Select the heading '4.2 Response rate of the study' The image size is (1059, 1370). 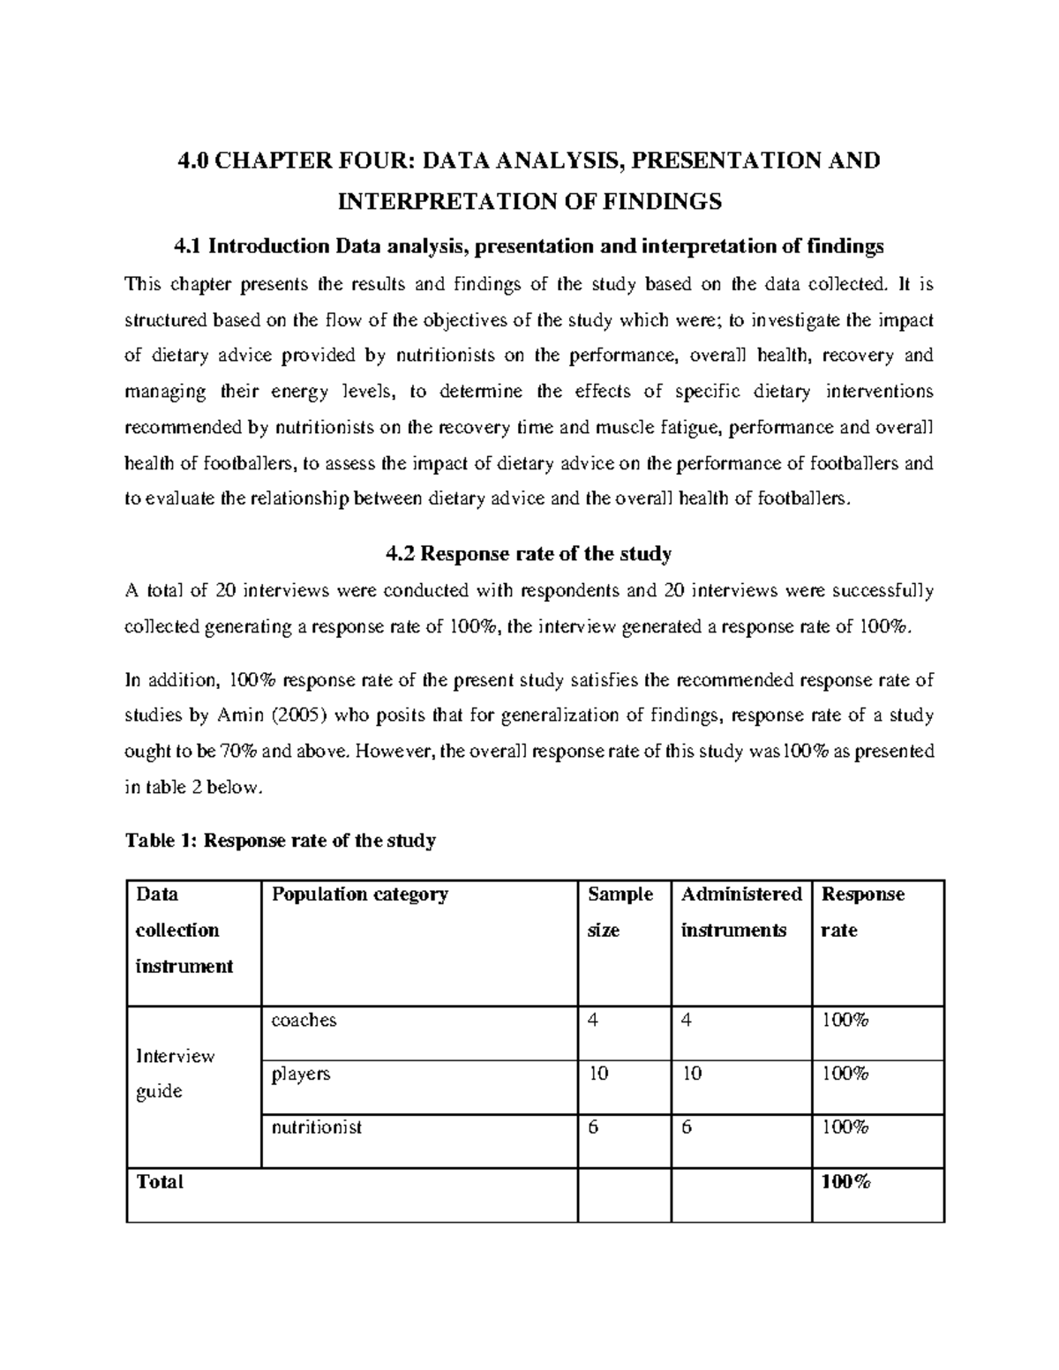529,554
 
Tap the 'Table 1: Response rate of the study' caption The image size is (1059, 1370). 281,841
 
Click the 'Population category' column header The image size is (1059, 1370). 360,895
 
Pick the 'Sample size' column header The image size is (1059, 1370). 620,912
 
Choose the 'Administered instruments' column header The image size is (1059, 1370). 740,912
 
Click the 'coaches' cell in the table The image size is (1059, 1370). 304,1021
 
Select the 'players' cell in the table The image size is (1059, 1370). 300,1074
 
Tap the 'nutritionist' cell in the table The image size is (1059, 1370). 316,1127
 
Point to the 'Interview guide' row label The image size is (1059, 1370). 174,1074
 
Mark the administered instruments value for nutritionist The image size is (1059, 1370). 687,1127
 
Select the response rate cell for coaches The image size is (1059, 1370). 845,1021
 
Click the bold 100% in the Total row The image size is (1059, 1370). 845,1183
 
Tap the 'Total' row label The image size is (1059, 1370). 160,1183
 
